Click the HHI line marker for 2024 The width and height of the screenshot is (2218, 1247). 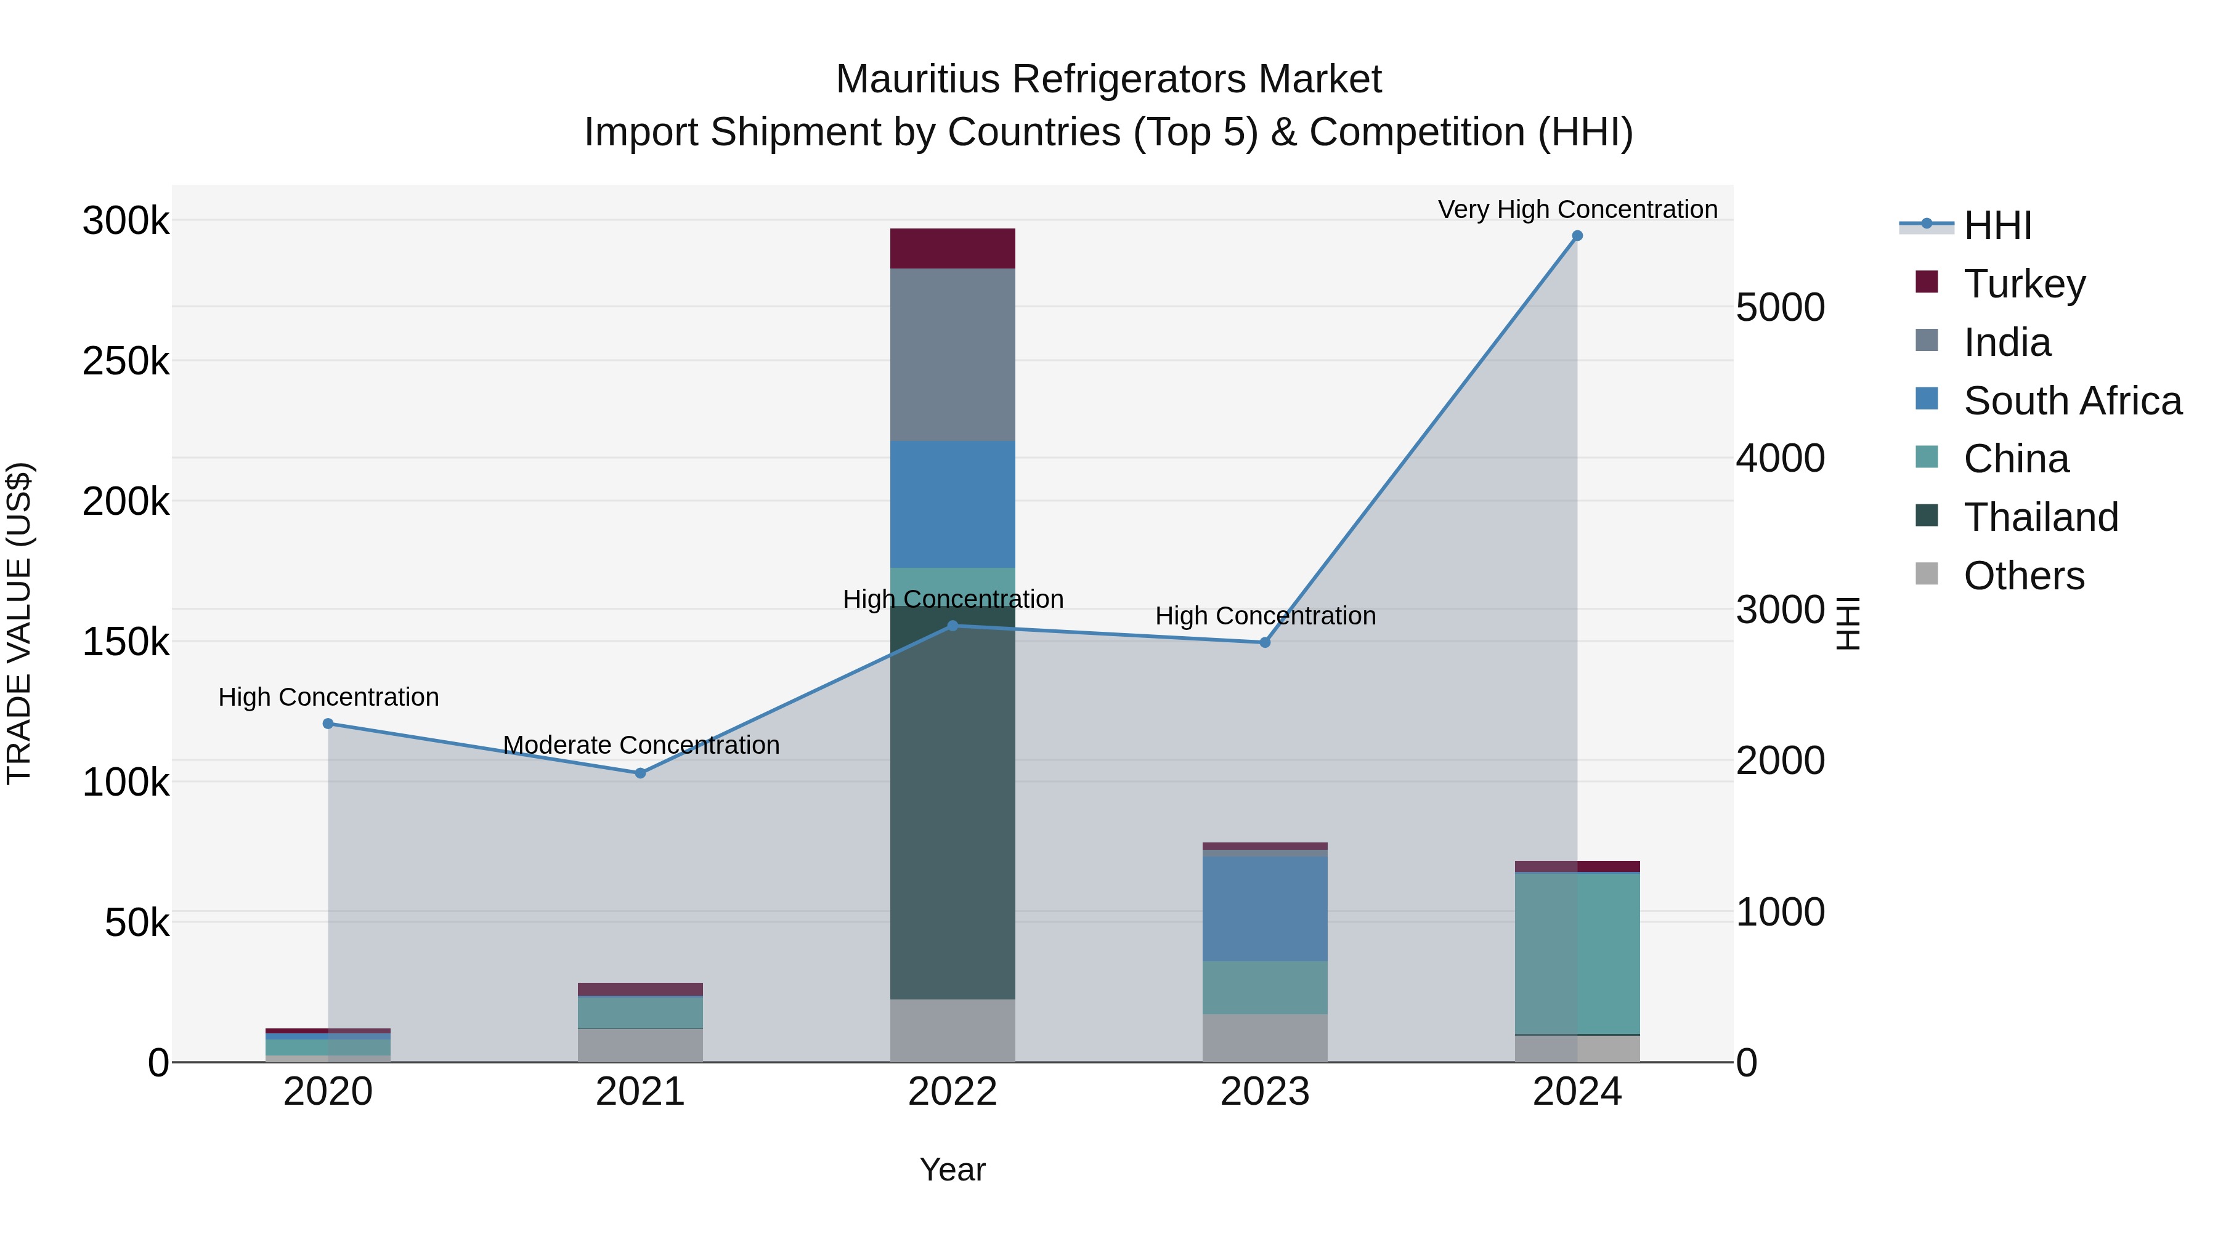click(x=1577, y=236)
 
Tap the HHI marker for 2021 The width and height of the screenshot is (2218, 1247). click(x=640, y=773)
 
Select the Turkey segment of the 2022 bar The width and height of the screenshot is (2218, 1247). click(x=953, y=249)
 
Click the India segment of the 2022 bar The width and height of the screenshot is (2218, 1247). click(x=953, y=355)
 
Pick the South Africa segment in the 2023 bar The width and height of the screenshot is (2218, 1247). click(x=1265, y=908)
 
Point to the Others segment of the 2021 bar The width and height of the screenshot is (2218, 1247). click(x=640, y=1045)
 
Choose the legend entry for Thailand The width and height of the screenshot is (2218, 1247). click(x=2041, y=517)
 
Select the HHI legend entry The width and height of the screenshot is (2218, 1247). click(x=1997, y=225)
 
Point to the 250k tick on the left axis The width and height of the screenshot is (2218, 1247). click(x=126, y=361)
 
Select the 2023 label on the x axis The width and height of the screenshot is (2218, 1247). click(x=1265, y=1092)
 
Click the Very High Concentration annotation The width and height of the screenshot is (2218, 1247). click(x=1577, y=209)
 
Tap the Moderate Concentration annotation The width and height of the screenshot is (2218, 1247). click(x=641, y=745)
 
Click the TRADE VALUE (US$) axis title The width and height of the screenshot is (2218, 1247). click(x=19, y=623)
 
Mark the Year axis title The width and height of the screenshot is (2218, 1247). click(x=953, y=1169)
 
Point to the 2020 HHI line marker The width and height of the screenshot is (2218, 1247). click(x=328, y=724)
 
